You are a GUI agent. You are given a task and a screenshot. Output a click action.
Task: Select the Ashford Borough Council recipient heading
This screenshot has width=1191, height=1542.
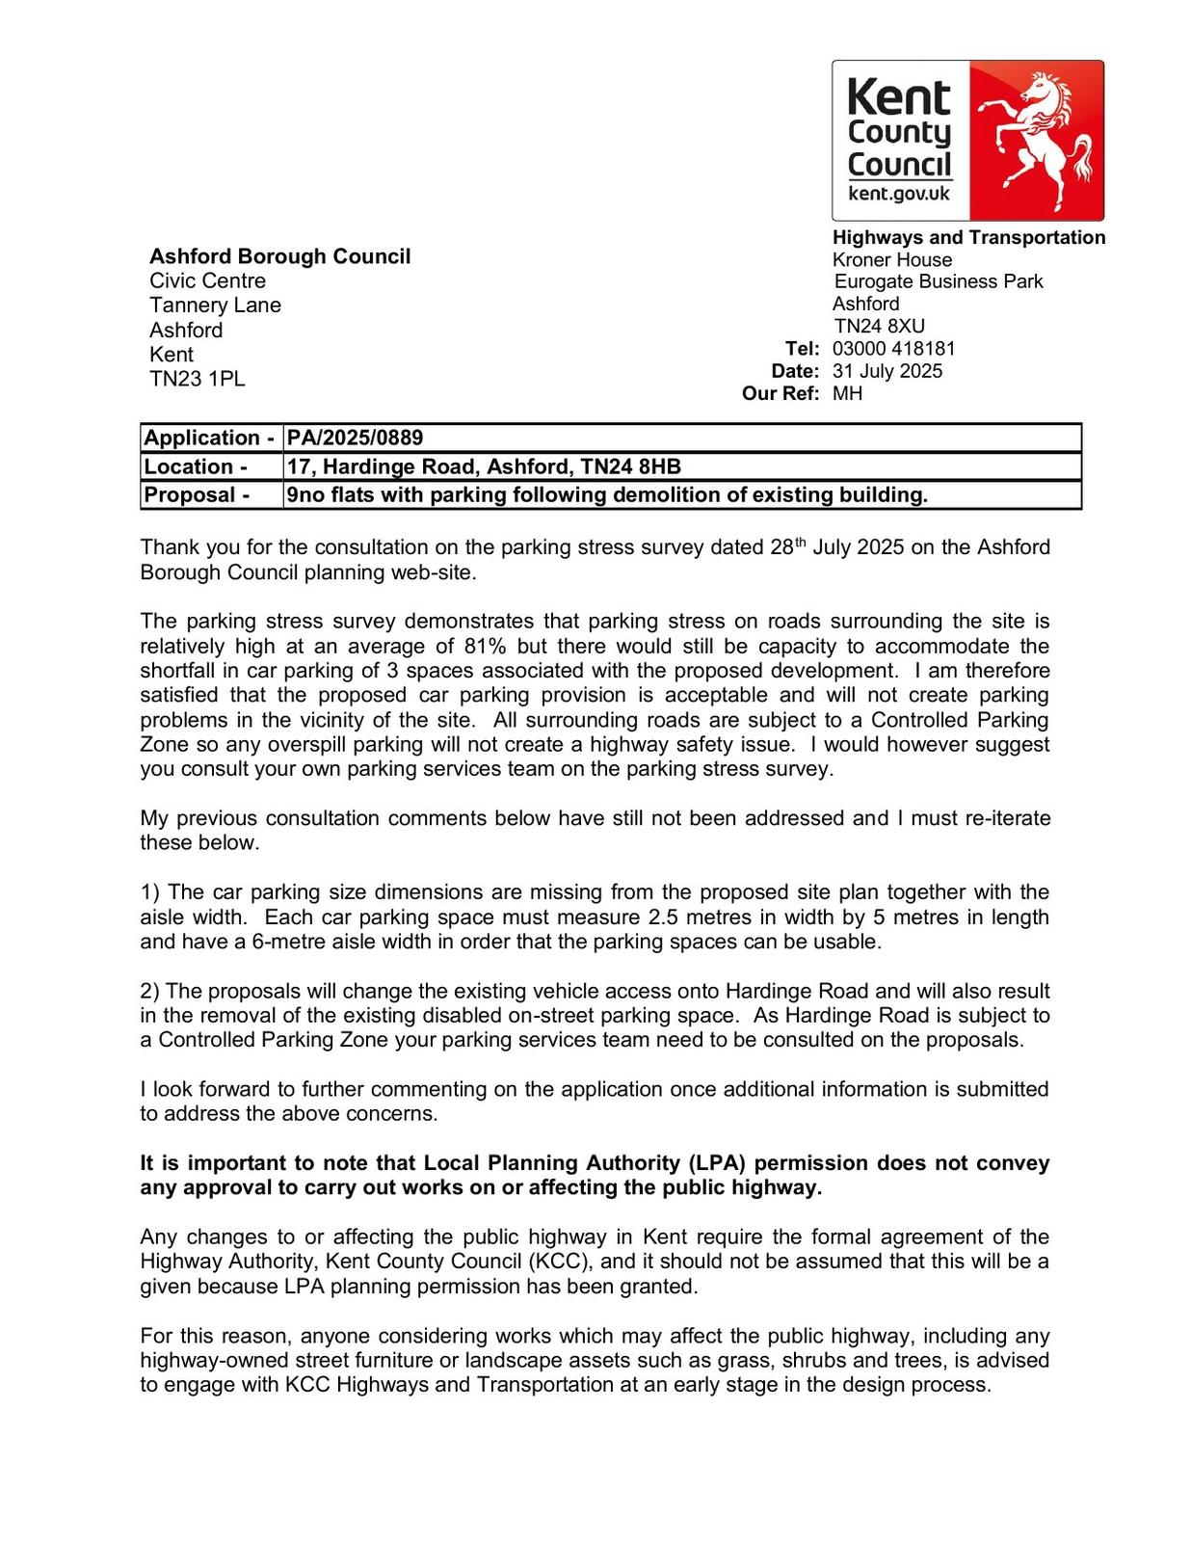pos(279,256)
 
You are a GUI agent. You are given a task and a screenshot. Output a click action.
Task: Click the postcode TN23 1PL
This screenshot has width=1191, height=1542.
pos(198,379)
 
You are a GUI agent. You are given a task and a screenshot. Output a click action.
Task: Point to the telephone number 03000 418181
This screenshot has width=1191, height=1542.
pos(893,349)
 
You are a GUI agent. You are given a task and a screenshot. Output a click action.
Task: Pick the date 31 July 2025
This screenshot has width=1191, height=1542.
pos(887,371)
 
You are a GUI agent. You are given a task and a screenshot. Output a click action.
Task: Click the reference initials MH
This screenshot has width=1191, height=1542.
pos(847,393)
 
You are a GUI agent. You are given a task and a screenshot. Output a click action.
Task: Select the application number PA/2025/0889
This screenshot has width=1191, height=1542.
pos(356,438)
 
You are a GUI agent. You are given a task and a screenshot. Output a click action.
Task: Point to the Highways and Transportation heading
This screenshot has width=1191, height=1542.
pos(968,237)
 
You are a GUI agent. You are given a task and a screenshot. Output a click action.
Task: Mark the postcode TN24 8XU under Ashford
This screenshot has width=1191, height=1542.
pos(879,326)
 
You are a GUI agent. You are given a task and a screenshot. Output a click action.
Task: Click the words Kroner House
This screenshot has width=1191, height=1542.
pos(891,259)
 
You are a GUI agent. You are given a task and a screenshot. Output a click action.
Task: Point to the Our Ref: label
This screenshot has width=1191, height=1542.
pos(781,393)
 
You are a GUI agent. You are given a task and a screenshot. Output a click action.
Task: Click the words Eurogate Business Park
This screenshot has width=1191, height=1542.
pos(938,281)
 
